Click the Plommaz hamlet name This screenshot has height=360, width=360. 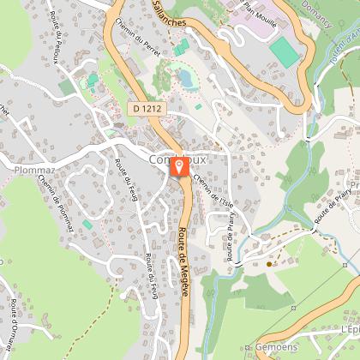tap(34, 170)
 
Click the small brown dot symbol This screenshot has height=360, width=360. tap(268, 264)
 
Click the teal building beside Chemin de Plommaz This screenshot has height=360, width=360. tap(87, 225)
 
